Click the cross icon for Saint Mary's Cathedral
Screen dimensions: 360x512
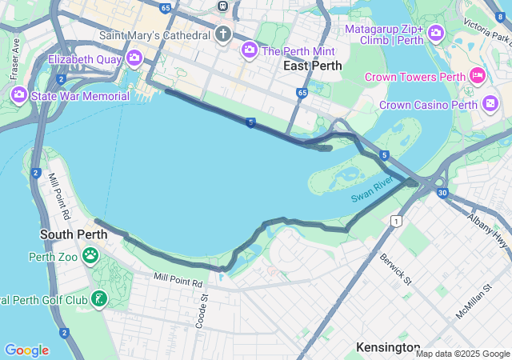(x=222, y=34)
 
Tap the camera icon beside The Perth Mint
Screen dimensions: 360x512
(x=250, y=50)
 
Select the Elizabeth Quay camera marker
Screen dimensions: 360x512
(x=134, y=58)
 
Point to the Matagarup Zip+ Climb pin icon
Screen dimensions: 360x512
(x=436, y=33)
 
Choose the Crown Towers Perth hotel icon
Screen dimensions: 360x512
(x=478, y=76)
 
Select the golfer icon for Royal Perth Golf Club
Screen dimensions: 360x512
(x=98, y=300)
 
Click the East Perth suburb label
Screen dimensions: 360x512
(x=312, y=66)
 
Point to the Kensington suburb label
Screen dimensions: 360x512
(x=388, y=347)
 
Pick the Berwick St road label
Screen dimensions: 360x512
(x=395, y=270)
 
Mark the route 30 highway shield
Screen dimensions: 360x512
(x=442, y=193)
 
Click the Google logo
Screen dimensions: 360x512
(x=26, y=350)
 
